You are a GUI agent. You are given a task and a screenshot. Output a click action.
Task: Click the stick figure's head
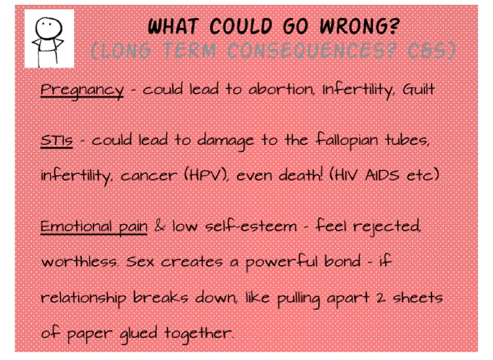click(49, 27)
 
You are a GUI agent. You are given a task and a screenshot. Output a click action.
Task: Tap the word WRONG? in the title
click(359, 26)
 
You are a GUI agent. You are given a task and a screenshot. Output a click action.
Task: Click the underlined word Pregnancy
click(82, 90)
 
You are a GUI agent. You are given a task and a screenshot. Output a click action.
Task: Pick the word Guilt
click(418, 90)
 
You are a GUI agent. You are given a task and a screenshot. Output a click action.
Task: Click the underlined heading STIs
click(57, 140)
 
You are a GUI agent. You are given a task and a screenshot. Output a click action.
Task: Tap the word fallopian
click(346, 140)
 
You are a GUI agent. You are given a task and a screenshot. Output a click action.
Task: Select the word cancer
click(148, 176)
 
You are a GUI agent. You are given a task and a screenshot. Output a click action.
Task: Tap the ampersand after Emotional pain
click(159, 226)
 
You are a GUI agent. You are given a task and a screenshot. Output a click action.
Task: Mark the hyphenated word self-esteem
click(250, 226)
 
